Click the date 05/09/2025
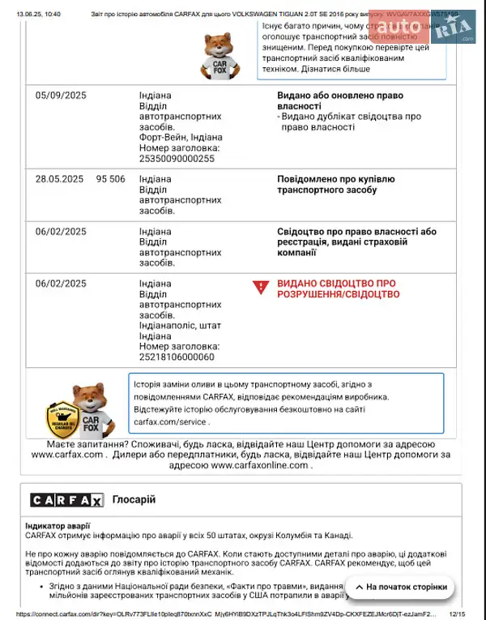[x=61, y=96]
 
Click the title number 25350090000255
[x=177, y=159]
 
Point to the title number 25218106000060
[x=177, y=357]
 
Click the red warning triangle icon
[x=260, y=288]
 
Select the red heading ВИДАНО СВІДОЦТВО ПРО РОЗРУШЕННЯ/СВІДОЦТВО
[x=338, y=289]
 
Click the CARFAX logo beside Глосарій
[x=66, y=500]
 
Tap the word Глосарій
[x=134, y=500]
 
